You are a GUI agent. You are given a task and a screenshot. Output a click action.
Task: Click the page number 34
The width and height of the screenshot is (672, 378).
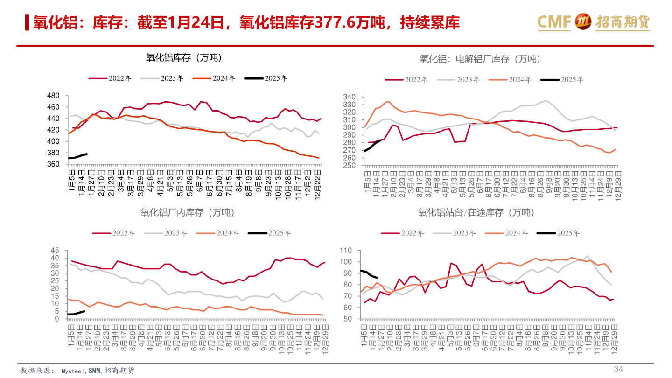618,369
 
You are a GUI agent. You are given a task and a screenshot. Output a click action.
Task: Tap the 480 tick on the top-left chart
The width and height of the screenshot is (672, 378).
54,96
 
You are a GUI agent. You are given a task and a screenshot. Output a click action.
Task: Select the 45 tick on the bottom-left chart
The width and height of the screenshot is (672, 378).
55,251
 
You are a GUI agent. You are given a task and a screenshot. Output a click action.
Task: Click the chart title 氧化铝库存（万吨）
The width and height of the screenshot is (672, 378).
183,58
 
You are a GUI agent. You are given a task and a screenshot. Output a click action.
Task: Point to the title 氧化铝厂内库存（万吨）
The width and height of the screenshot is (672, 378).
187,213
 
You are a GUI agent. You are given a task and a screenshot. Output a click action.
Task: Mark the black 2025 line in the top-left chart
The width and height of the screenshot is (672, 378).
77,156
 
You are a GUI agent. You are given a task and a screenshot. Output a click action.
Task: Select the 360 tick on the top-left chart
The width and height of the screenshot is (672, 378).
54,164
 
